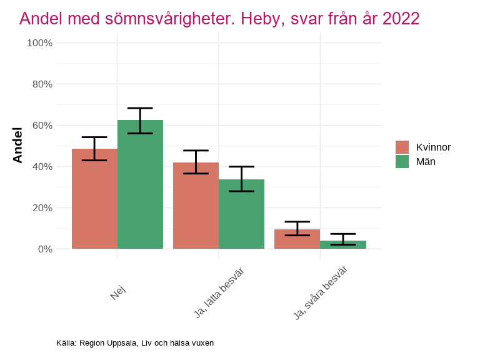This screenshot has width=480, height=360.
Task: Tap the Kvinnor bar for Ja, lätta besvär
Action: click(196, 206)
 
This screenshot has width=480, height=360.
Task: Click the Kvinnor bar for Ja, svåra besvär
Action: click(297, 239)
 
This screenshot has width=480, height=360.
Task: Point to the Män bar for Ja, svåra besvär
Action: click(342, 244)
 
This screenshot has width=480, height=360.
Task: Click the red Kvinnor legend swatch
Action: click(402, 147)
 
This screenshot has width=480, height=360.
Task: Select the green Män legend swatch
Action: click(402, 161)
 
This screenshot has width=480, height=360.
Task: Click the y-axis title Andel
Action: click(17, 145)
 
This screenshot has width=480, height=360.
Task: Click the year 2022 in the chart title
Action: click(401, 19)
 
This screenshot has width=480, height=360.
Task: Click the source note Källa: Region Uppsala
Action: click(135, 343)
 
